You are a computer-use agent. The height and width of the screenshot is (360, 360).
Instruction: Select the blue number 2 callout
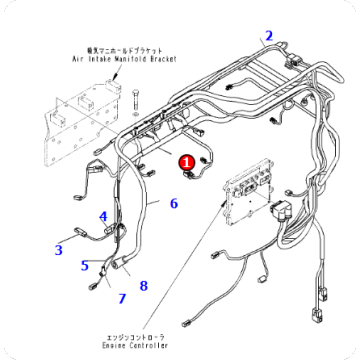(268, 37)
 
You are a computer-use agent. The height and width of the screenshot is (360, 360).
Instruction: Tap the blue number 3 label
(58, 250)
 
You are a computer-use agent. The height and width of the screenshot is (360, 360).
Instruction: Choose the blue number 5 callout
(84, 266)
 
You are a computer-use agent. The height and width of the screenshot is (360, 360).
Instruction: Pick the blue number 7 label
(122, 298)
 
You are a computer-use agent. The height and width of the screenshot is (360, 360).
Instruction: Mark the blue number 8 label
(143, 286)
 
